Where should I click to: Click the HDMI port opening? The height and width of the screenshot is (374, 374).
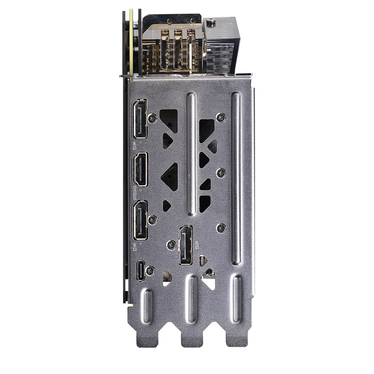coord(140,170)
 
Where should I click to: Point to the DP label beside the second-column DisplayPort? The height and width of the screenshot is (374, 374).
coord(197,245)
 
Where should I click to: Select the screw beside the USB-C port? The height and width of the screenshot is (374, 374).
coord(150,271)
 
